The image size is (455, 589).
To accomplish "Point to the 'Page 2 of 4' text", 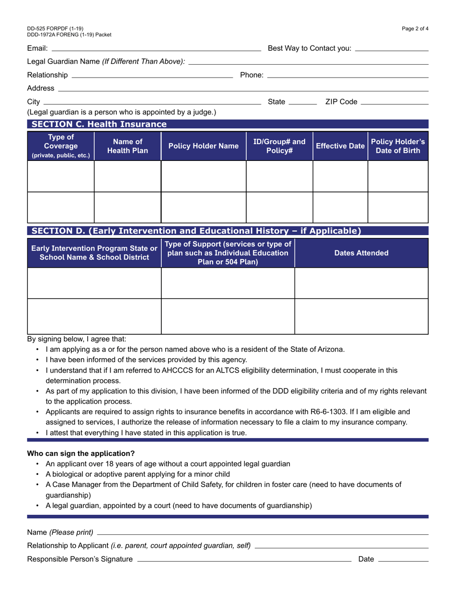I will click(415, 29).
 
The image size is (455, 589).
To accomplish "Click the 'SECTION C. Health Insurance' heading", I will click(99, 125).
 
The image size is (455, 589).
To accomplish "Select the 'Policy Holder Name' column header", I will click(203, 146).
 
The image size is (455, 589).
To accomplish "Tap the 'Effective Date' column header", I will click(340, 146).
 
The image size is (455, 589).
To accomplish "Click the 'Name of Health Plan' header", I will click(127, 146).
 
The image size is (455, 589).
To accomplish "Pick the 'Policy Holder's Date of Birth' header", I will click(398, 146).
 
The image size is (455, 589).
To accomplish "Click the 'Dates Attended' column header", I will click(361, 253).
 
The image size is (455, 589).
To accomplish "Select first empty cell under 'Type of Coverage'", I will click(61, 176).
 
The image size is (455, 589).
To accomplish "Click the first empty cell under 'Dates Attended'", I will click(361, 283).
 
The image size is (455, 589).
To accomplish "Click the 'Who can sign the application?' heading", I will click(81, 453).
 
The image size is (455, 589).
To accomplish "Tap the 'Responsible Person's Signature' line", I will click(244, 559).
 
